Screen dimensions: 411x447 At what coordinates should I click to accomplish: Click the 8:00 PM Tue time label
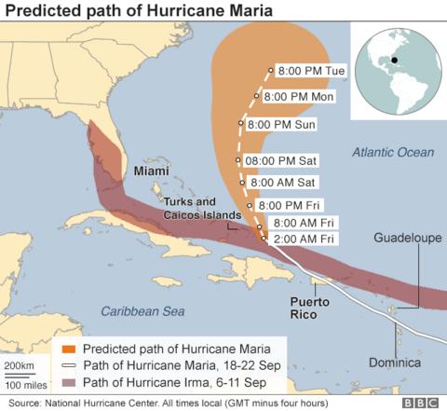click(307, 70)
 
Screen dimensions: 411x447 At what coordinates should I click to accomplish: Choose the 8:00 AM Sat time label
click(283, 182)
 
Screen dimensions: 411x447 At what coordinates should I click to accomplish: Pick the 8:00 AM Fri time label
click(303, 224)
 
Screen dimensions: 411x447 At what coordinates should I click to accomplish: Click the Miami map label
click(151, 172)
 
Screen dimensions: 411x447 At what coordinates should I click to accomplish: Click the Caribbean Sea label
click(142, 309)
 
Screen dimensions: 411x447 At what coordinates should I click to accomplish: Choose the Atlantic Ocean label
click(394, 151)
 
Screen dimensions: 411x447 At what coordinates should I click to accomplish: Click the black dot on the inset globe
click(395, 62)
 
